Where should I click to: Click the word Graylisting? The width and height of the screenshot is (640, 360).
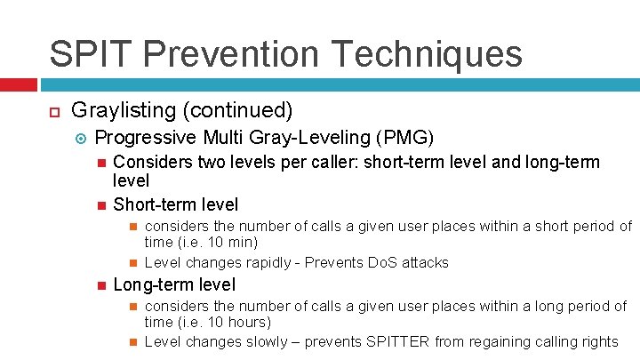click(122, 111)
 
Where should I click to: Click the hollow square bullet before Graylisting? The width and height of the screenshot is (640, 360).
click(52, 112)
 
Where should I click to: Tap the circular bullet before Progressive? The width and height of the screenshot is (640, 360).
click(80, 138)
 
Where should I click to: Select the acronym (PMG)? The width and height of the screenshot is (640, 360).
click(405, 138)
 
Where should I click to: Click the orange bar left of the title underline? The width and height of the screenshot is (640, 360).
click(19, 85)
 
